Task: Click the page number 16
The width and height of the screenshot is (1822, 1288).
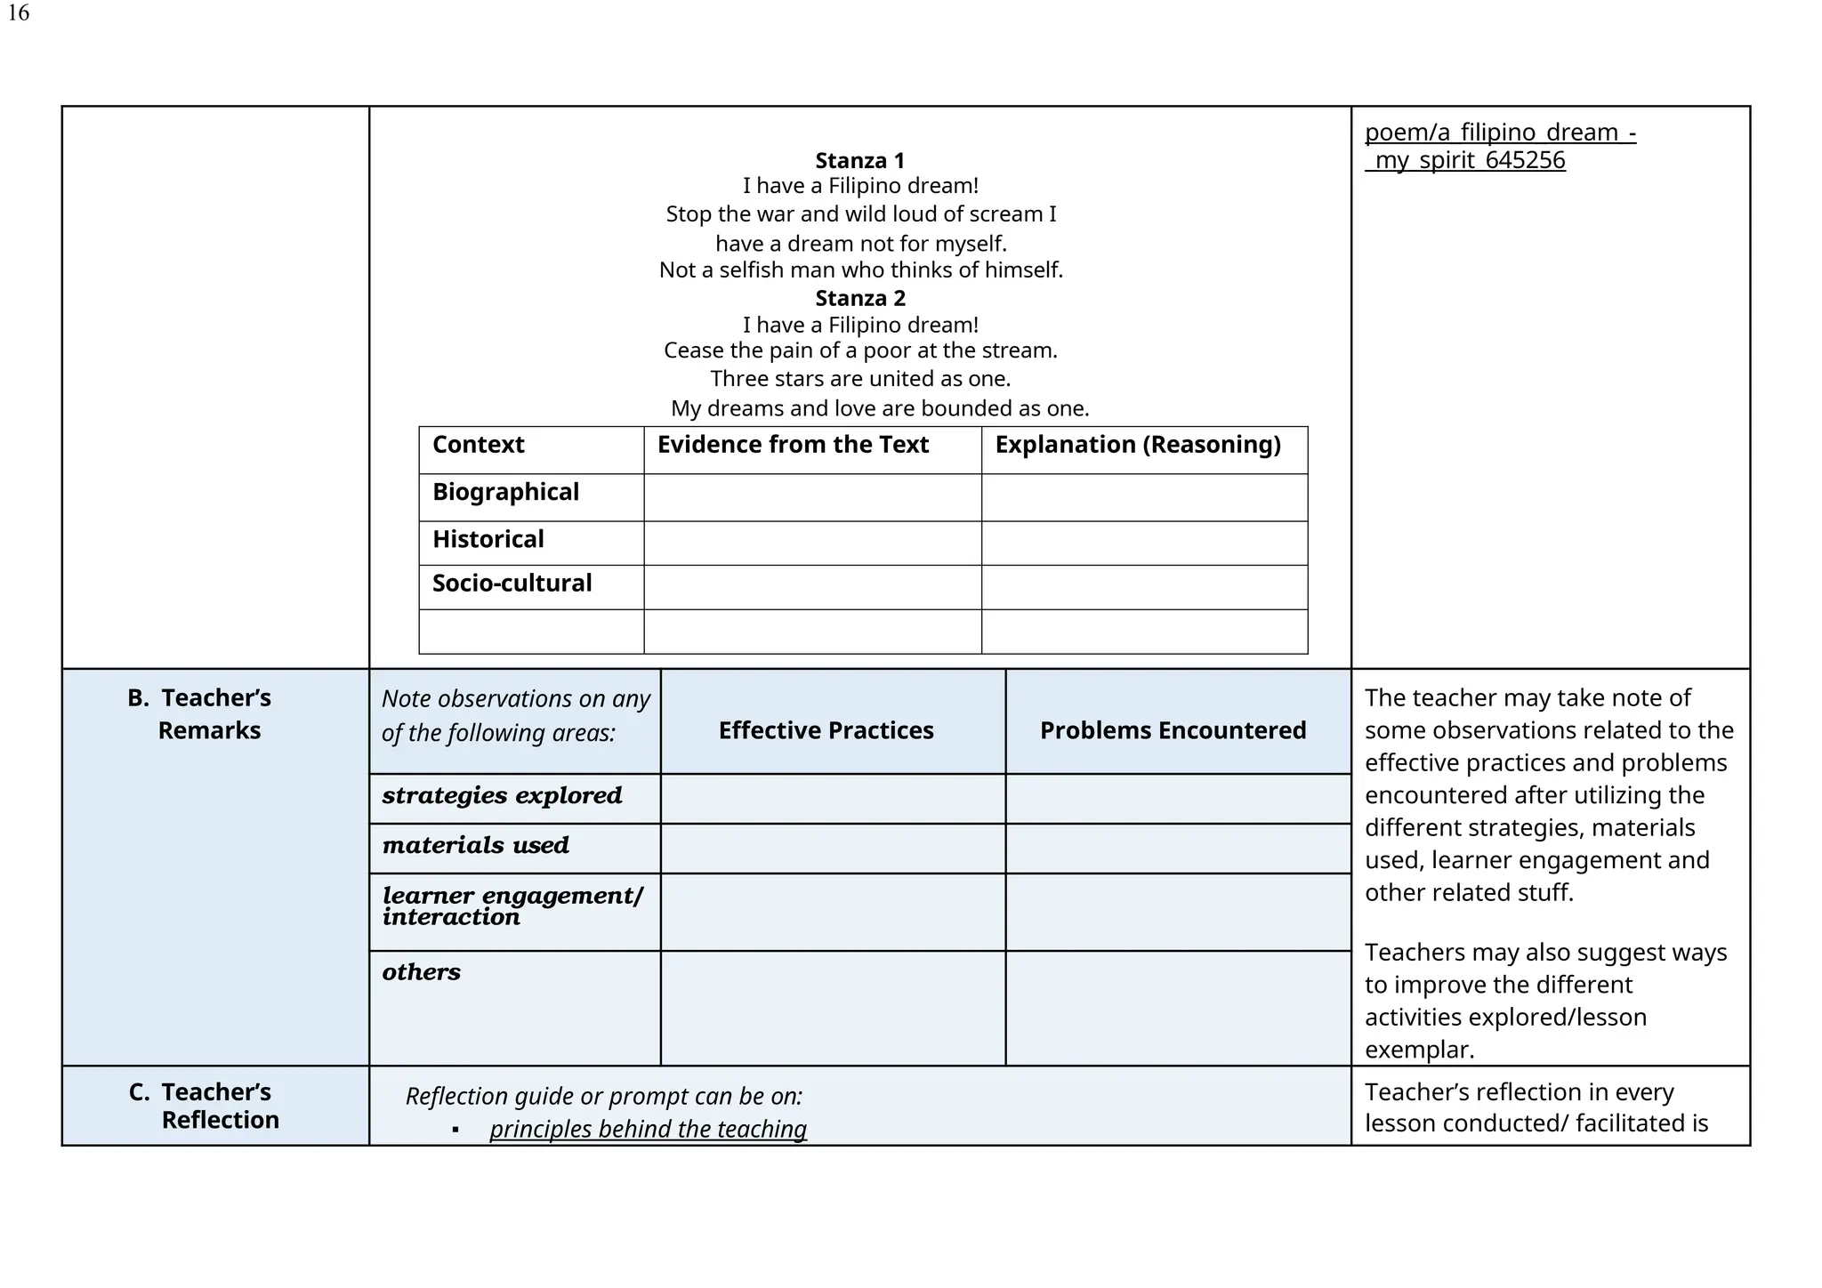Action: (18, 13)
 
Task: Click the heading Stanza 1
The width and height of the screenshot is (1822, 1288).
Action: (859, 161)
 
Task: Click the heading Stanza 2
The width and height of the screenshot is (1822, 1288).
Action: (859, 298)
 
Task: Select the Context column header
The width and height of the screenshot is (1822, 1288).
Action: (479, 445)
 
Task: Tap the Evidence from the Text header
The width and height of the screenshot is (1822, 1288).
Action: (793, 445)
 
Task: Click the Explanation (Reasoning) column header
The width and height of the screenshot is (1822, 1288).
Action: (1137, 445)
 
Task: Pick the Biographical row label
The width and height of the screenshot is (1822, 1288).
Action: (505, 492)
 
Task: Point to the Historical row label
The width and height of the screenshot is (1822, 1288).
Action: (488, 539)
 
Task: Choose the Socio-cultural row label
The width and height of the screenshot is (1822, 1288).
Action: (512, 584)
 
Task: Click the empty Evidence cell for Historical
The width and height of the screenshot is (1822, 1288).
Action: (811, 543)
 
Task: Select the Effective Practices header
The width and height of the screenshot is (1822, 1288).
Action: (826, 731)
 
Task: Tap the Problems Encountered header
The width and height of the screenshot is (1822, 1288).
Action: (1173, 731)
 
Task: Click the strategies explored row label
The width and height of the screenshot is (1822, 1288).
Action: (502, 795)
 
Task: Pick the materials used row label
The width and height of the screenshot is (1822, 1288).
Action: (475, 845)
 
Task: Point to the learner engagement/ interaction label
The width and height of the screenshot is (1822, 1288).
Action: (512, 906)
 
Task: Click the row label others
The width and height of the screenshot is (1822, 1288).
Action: (421, 972)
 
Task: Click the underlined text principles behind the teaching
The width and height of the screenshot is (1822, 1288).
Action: (648, 1130)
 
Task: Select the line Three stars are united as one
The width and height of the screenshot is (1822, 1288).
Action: (859, 379)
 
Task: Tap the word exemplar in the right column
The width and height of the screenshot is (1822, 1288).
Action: (1418, 1051)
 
